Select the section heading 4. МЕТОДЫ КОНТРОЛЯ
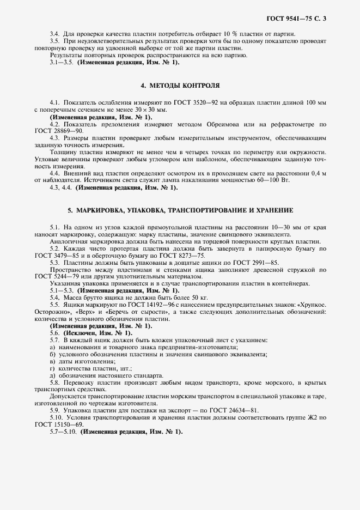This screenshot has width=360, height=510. pyautogui.click(x=180, y=86)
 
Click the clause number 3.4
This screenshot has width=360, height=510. pyautogui.click(x=55, y=34)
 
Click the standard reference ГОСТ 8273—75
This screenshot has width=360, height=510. pyautogui.click(x=186, y=256)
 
